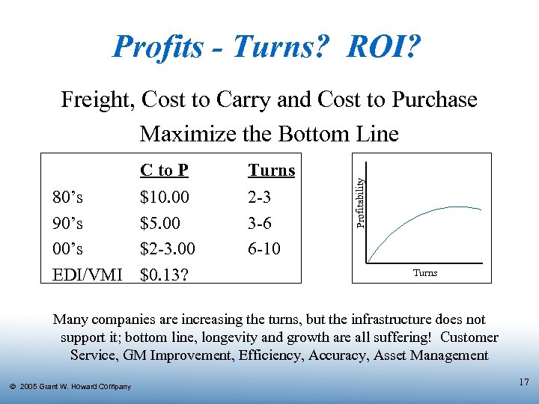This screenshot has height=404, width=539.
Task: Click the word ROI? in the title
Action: (384, 48)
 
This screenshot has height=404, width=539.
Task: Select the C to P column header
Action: (164, 171)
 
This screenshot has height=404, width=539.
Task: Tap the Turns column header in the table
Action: (271, 171)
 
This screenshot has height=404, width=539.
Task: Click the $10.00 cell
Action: (165, 198)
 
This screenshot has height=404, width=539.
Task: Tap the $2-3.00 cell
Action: (169, 248)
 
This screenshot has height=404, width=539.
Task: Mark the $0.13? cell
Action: (165, 274)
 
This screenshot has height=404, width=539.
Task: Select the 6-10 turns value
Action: (264, 248)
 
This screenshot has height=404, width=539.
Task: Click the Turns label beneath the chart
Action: (425, 273)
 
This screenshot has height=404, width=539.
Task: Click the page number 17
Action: (523, 382)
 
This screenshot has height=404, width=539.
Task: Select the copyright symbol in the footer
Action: (13, 387)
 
